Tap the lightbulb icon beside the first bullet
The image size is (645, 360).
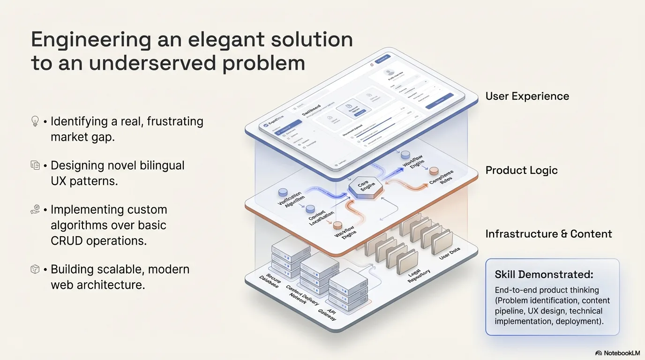point(35,121)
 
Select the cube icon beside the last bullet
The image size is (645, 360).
point(35,270)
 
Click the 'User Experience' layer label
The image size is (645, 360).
point(527,97)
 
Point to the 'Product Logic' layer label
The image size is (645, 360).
point(521,171)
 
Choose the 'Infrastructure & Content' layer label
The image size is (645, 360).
point(548,234)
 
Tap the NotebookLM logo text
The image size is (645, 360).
point(622,353)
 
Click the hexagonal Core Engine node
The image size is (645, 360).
point(365,187)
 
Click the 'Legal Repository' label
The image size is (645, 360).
point(419,276)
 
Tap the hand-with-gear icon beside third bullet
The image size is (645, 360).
point(35,210)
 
